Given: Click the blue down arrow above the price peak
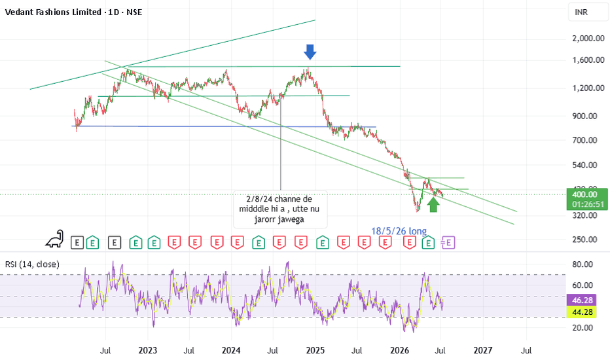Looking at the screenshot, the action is point(310,52).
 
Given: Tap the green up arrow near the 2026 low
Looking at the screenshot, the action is point(433,205).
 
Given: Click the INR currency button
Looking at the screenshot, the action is point(581,12).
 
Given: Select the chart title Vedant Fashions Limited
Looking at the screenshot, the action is point(53,12).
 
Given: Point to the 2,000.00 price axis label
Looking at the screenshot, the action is point(588,38).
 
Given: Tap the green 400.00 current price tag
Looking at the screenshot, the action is point(587,199).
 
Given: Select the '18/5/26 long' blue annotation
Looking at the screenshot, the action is point(399,231).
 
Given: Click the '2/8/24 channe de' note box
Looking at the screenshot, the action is point(280,209).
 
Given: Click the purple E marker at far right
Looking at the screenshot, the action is point(448,243).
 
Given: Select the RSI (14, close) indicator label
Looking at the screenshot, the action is point(32,264).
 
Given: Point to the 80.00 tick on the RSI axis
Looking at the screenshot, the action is point(583,264).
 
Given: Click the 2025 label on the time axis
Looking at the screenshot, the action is point(315,350).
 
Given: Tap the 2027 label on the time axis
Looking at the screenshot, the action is point(483,350).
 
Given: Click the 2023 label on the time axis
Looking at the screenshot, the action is point(148,350).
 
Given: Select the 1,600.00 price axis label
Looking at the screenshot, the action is point(588,60).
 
